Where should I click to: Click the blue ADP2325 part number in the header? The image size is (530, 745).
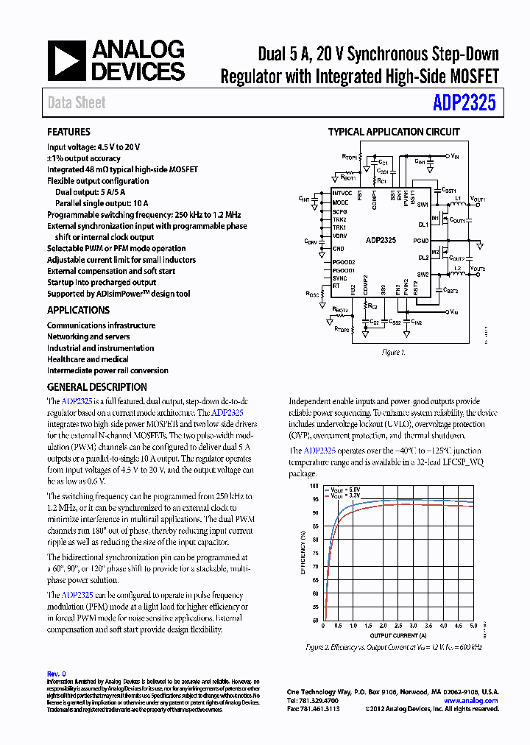click(464, 103)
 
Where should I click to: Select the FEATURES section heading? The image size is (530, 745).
click(68, 132)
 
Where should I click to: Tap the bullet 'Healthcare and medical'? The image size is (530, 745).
click(88, 359)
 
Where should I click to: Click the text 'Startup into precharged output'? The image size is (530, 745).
click(102, 283)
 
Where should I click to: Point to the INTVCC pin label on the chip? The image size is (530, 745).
click(342, 194)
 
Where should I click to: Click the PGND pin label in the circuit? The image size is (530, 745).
click(420, 241)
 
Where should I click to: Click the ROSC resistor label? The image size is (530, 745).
click(311, 293)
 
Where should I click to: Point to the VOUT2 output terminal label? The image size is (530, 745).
click(478, 269)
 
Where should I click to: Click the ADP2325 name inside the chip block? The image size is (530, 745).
click(381, 240)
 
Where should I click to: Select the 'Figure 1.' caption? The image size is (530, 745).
click(392, 353)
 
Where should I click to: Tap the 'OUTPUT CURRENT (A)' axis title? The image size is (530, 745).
click(397, 635)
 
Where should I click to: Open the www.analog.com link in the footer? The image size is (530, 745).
click(470, 701)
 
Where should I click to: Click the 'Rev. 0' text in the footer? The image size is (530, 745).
click(57, 674)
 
